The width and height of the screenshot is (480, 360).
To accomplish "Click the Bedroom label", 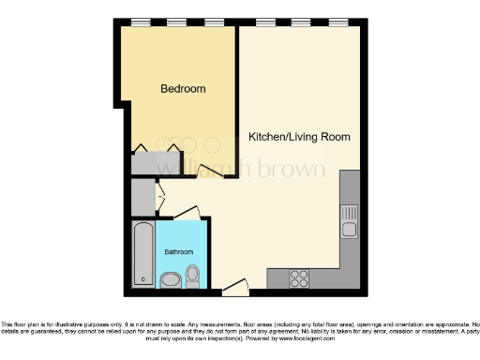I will point(183,89).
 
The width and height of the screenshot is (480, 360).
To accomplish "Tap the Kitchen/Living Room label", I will point(299,137).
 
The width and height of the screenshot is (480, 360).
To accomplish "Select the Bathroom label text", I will point(179,252).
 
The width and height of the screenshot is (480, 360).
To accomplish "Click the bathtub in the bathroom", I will point(142,254).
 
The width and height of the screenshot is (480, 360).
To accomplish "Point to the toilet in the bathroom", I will point(193,277).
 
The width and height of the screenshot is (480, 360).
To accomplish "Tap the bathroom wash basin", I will point(171,280).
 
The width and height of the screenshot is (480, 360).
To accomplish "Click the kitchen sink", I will point(349,223).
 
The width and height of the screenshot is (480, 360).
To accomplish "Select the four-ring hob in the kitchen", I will point(300,277).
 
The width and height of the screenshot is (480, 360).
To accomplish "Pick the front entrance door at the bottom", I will point(238,283).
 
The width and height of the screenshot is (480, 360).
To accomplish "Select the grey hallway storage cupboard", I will point(141,198).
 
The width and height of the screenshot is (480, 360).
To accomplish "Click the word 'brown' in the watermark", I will point(292,170).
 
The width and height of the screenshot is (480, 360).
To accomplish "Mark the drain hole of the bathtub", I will point(142,278).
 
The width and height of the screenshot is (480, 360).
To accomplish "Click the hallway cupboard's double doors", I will point(158,198).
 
